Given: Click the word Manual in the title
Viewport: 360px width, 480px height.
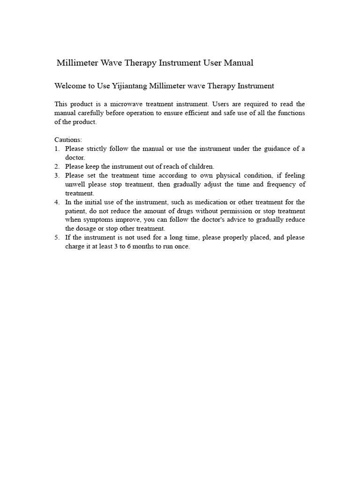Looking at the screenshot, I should (238, 63).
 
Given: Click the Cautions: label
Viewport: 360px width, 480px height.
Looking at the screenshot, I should (68, 140).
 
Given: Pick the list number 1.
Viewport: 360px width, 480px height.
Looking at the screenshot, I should (56, 149).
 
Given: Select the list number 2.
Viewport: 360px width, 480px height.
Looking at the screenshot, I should (56, 166).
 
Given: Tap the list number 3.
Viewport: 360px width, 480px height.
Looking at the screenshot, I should (56, 175).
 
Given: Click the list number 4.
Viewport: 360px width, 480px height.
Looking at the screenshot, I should (56, 202).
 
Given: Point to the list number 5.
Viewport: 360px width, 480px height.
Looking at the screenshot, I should (56, 238).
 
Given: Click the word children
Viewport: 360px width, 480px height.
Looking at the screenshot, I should (201, 166).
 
